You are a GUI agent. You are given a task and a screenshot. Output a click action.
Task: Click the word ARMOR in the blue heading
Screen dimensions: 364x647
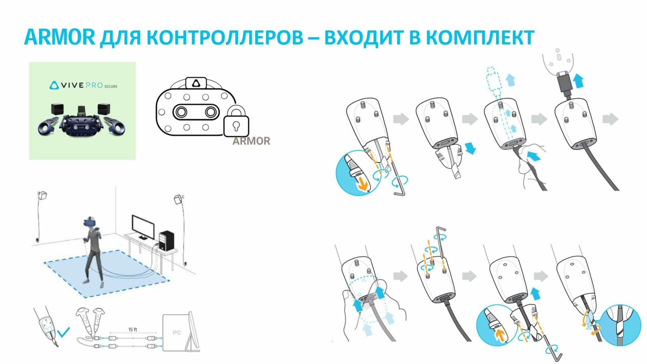tap(59, 38)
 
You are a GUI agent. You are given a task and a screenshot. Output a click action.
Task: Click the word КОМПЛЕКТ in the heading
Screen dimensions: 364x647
tap(480, 38)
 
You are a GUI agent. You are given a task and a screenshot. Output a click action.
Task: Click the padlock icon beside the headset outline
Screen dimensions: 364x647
tap(236, 123)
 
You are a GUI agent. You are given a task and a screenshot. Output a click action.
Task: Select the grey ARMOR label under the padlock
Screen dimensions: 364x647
tap(251, 141)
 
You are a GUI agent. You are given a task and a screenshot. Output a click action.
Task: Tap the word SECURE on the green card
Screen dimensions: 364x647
tap(111, 86)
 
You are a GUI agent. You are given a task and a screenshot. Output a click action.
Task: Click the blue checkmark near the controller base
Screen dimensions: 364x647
tap(63, 332)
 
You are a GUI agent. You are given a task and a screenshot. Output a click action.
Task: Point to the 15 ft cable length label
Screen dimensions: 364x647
tap(133, 330)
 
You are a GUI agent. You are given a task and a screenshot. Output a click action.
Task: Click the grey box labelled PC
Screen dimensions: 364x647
tap(177, 332)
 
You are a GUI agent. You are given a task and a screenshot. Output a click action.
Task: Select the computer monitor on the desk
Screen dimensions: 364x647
tap(143, 227)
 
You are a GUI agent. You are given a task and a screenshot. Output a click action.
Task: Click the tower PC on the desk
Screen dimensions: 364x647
tap(166, 240)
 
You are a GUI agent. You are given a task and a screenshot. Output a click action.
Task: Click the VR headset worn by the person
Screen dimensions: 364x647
tap(90, 223)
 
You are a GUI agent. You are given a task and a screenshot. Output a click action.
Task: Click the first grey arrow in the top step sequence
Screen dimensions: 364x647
tap(401, 119)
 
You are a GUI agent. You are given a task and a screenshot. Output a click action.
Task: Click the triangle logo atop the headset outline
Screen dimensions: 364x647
tap(196, 83)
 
